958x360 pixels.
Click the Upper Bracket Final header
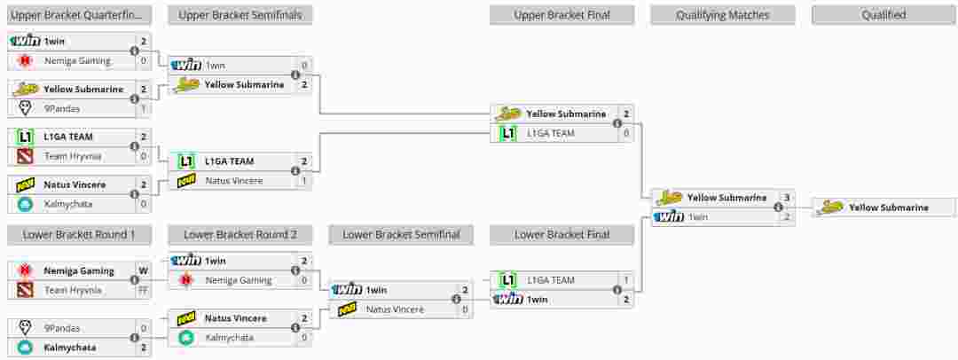[x=561, y=15]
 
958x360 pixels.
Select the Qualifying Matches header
[x=722, y=15]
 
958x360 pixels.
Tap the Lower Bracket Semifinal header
[x=401, y=235]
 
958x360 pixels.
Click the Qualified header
[x=883, y=15]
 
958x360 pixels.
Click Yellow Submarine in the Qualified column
[x=888, y=207]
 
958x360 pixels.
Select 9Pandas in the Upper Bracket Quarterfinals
[x=61, y=108]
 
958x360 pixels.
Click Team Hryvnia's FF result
[x=143, y=290]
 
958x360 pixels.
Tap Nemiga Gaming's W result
[x=143, y=270]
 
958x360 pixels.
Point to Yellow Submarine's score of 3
[x=786, y=198]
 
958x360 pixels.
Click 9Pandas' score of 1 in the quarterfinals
[x=143, y=108]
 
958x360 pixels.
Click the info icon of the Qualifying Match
[x=778, y=207]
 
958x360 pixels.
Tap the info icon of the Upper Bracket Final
[x=617, y=123]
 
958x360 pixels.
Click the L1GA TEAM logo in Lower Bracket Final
[x=507, y=280]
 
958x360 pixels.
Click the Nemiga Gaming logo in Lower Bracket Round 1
[x=25, y=270]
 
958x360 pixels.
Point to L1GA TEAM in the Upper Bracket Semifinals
[x=229, y=161]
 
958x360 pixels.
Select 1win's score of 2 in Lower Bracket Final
[x=625, y=300]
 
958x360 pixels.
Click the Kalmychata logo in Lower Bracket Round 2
[x=185, y=338]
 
